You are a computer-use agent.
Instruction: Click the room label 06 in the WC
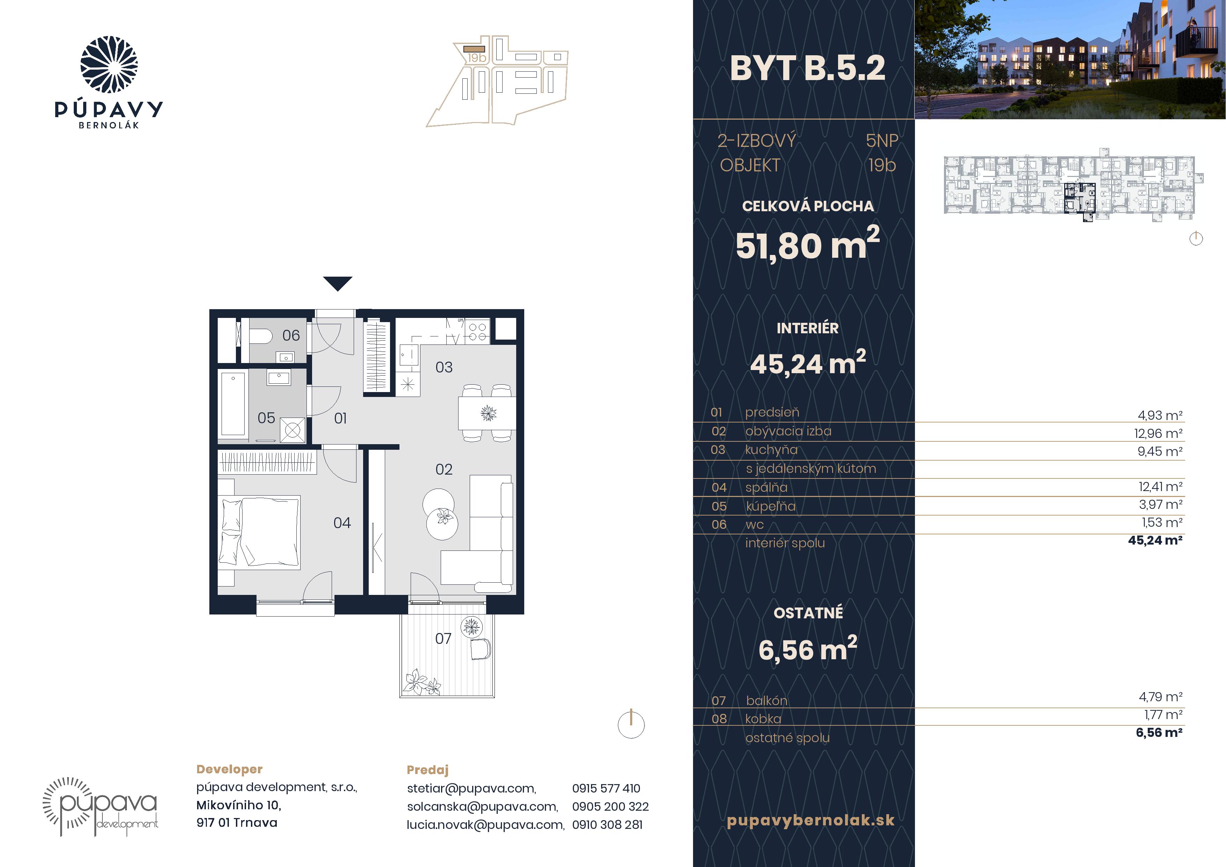[291, 335]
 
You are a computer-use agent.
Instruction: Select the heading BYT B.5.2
[807, 69]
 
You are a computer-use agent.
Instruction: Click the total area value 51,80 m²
[807, 244]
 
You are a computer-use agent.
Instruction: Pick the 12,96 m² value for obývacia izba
[1158, 433]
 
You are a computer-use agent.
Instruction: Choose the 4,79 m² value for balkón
[1160, 697]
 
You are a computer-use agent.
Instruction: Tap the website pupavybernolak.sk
[810, 820]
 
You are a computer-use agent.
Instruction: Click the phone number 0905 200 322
[610, 806]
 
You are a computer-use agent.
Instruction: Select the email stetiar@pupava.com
[471, 788]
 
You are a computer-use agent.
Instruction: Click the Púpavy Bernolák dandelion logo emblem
[109, 65]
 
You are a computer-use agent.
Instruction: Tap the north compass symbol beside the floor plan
[631, 724]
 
